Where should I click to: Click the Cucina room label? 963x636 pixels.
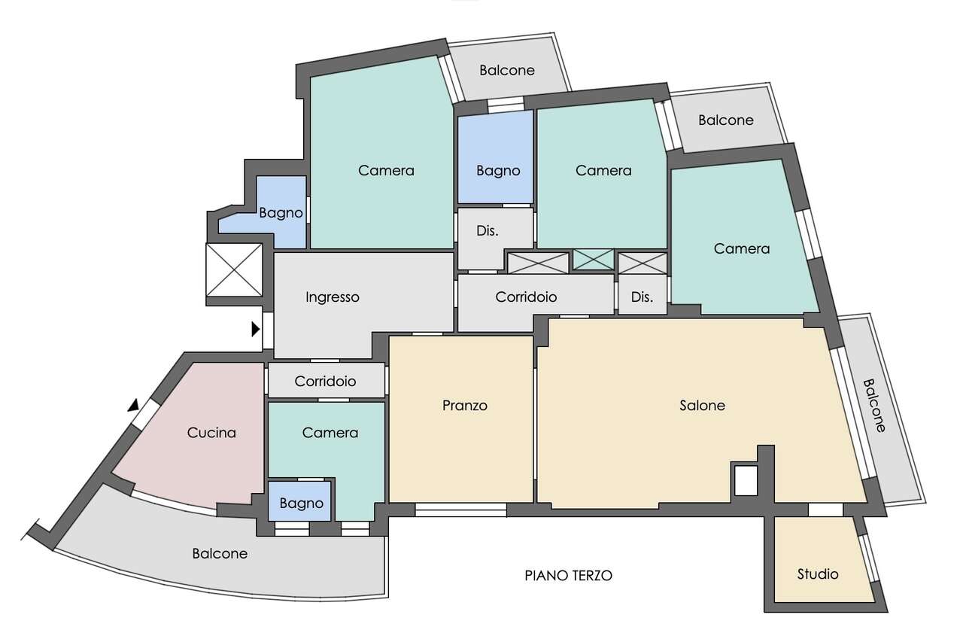(x=211, y=433)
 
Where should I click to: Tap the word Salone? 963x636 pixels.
(x=703, y=406)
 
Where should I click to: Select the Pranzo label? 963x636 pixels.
(x=465, y=406)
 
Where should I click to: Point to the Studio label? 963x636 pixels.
(x=818, y=574)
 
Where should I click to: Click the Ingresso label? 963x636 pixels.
(x=333, y=297)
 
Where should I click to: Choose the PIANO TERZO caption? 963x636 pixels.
(x=568, y=576)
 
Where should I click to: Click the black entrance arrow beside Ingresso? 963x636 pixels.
(x=256, y=330)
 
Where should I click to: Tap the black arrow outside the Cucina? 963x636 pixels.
(x=134, y=406)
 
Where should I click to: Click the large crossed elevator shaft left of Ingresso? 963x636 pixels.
(x=234, y=270)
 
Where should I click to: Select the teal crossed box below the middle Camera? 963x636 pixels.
(x=594, y=260)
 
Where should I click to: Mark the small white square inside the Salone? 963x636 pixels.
(x=746, y=480)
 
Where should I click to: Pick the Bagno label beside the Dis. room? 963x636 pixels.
(x=498, y=171)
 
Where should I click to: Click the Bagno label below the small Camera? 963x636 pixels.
(x=302, y=504)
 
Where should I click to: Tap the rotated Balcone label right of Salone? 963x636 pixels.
(x=875, y=406)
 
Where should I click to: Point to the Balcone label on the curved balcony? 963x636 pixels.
(x=220, y=554)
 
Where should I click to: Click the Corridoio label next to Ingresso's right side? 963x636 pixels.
(x=526, y=297)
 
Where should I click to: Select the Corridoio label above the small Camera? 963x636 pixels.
(x=325, y=382)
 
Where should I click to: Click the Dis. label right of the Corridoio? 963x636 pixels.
(x=642, y=297)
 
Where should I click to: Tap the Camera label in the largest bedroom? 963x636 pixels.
(x=386, y=171)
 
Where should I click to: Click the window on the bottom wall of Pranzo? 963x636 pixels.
(x=460, y=510)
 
